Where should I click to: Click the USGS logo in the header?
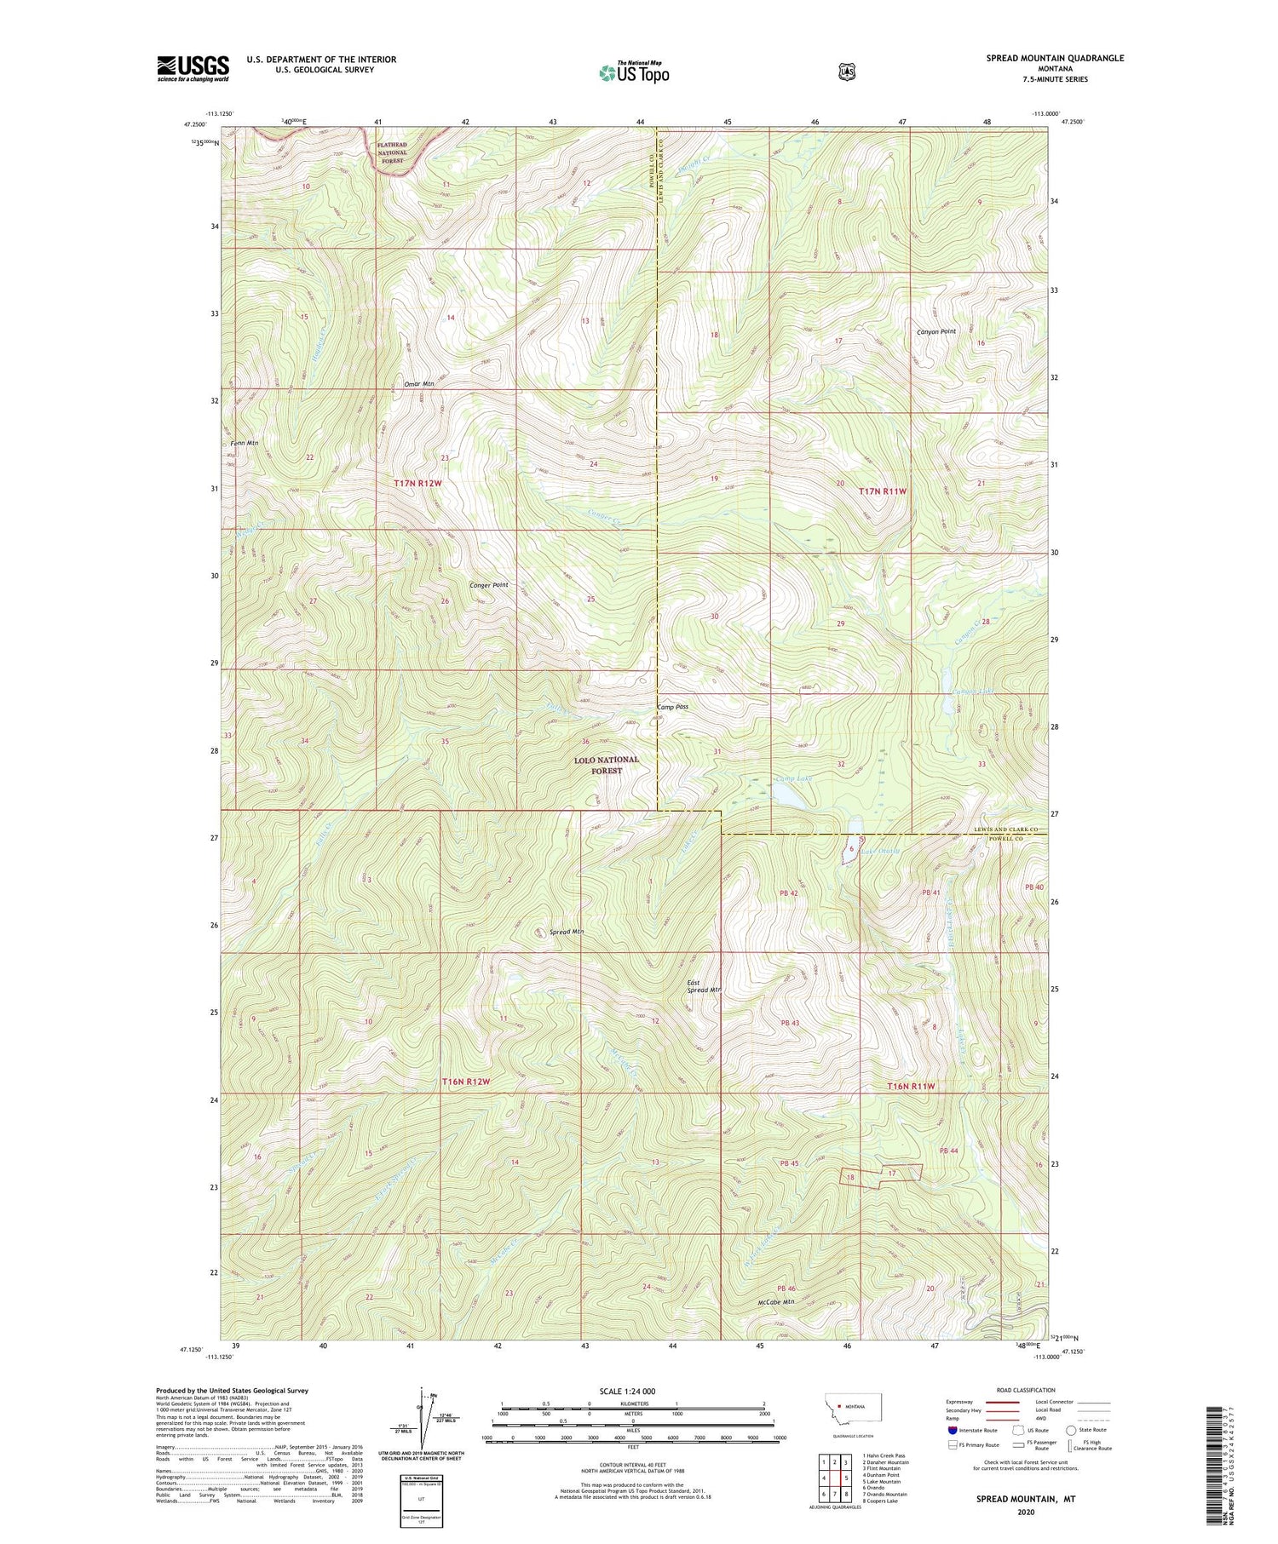(x=193, y=68)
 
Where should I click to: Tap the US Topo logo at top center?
(x=634, y=72)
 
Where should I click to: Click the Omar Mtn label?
(x=418, y=384)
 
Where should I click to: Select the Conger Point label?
(x=489, y=585)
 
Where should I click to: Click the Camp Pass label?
(x=672, y=707)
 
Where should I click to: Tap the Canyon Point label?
(x=936, y=331)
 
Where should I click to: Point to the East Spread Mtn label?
(x=705, y=986)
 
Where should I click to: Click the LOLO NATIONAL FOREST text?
(x=606, y=765)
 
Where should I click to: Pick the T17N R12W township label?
(x=418, y=483)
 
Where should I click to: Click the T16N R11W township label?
(x=911, y=1087)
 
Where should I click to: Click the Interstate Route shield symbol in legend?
(x=953, y=1431)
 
